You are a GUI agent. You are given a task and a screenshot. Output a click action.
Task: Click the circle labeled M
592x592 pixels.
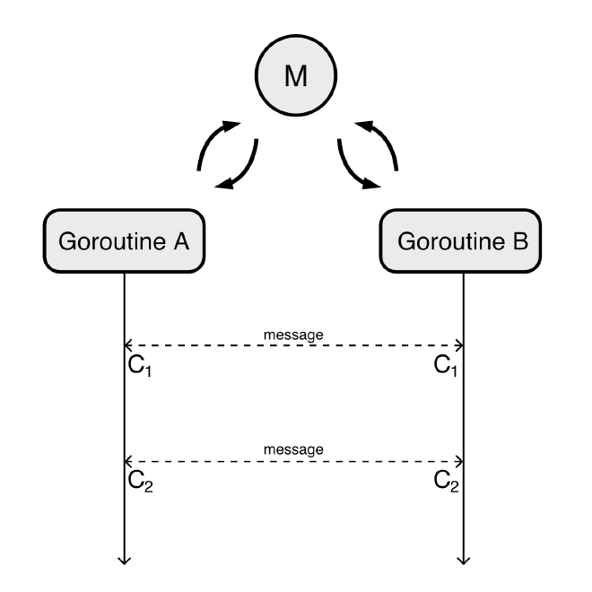(294, 76)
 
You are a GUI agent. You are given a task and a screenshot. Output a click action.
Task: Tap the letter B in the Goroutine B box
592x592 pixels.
(521, 241)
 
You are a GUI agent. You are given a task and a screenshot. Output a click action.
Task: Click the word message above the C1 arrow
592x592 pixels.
(293, 335)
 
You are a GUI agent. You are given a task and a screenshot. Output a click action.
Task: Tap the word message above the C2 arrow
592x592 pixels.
(293, 449)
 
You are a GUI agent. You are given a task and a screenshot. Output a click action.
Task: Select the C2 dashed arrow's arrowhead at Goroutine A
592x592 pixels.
(129, 461)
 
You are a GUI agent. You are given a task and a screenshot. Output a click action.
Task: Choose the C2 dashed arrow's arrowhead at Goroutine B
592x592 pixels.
(459, 461)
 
